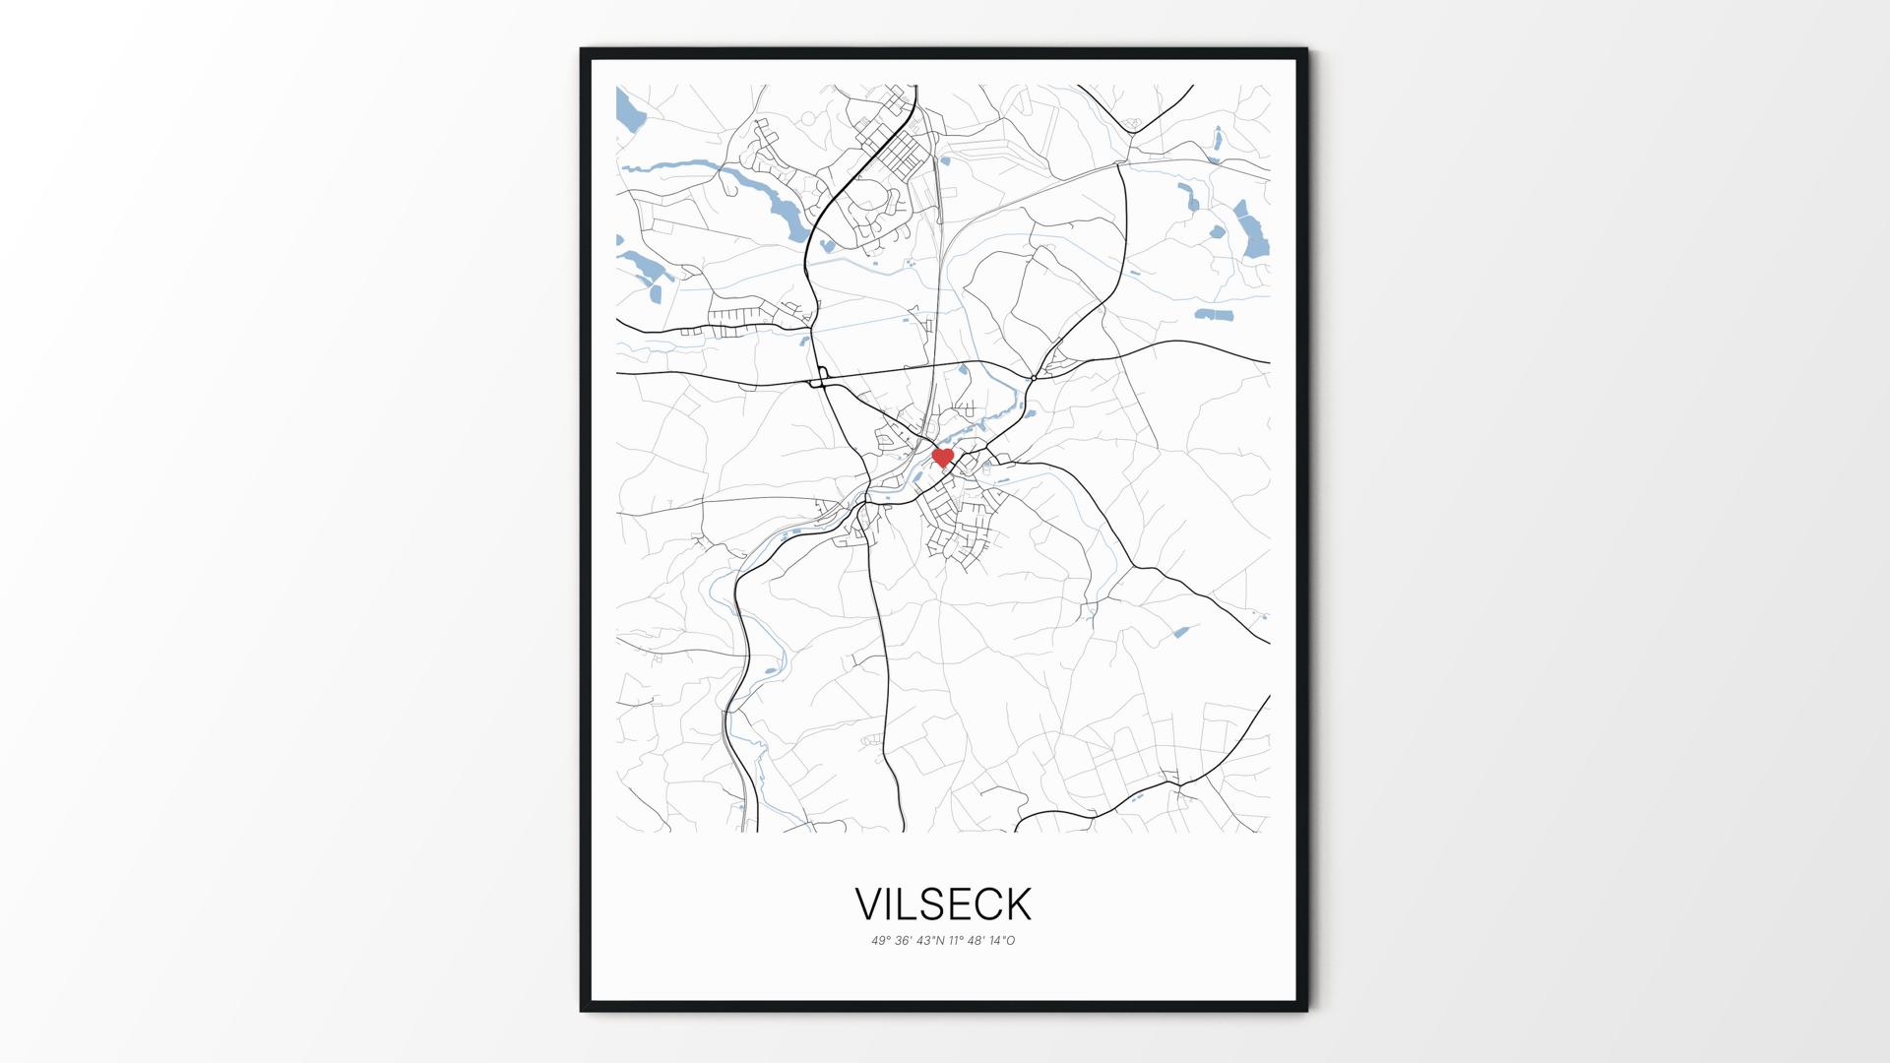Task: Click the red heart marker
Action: point(942,458)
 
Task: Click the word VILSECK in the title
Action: point(943,904)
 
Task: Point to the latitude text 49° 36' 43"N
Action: point(907,941)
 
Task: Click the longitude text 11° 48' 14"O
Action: point(982,941)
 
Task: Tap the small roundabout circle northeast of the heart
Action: point(1034,377)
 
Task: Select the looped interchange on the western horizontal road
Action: point(819,377)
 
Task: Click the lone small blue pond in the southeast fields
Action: point(1182,632)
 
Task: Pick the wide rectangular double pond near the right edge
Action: point(1213,315)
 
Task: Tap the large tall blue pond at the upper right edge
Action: point(1253,234)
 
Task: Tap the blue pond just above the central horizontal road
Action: point(965,374)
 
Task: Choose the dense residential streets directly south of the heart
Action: point(960,527)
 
